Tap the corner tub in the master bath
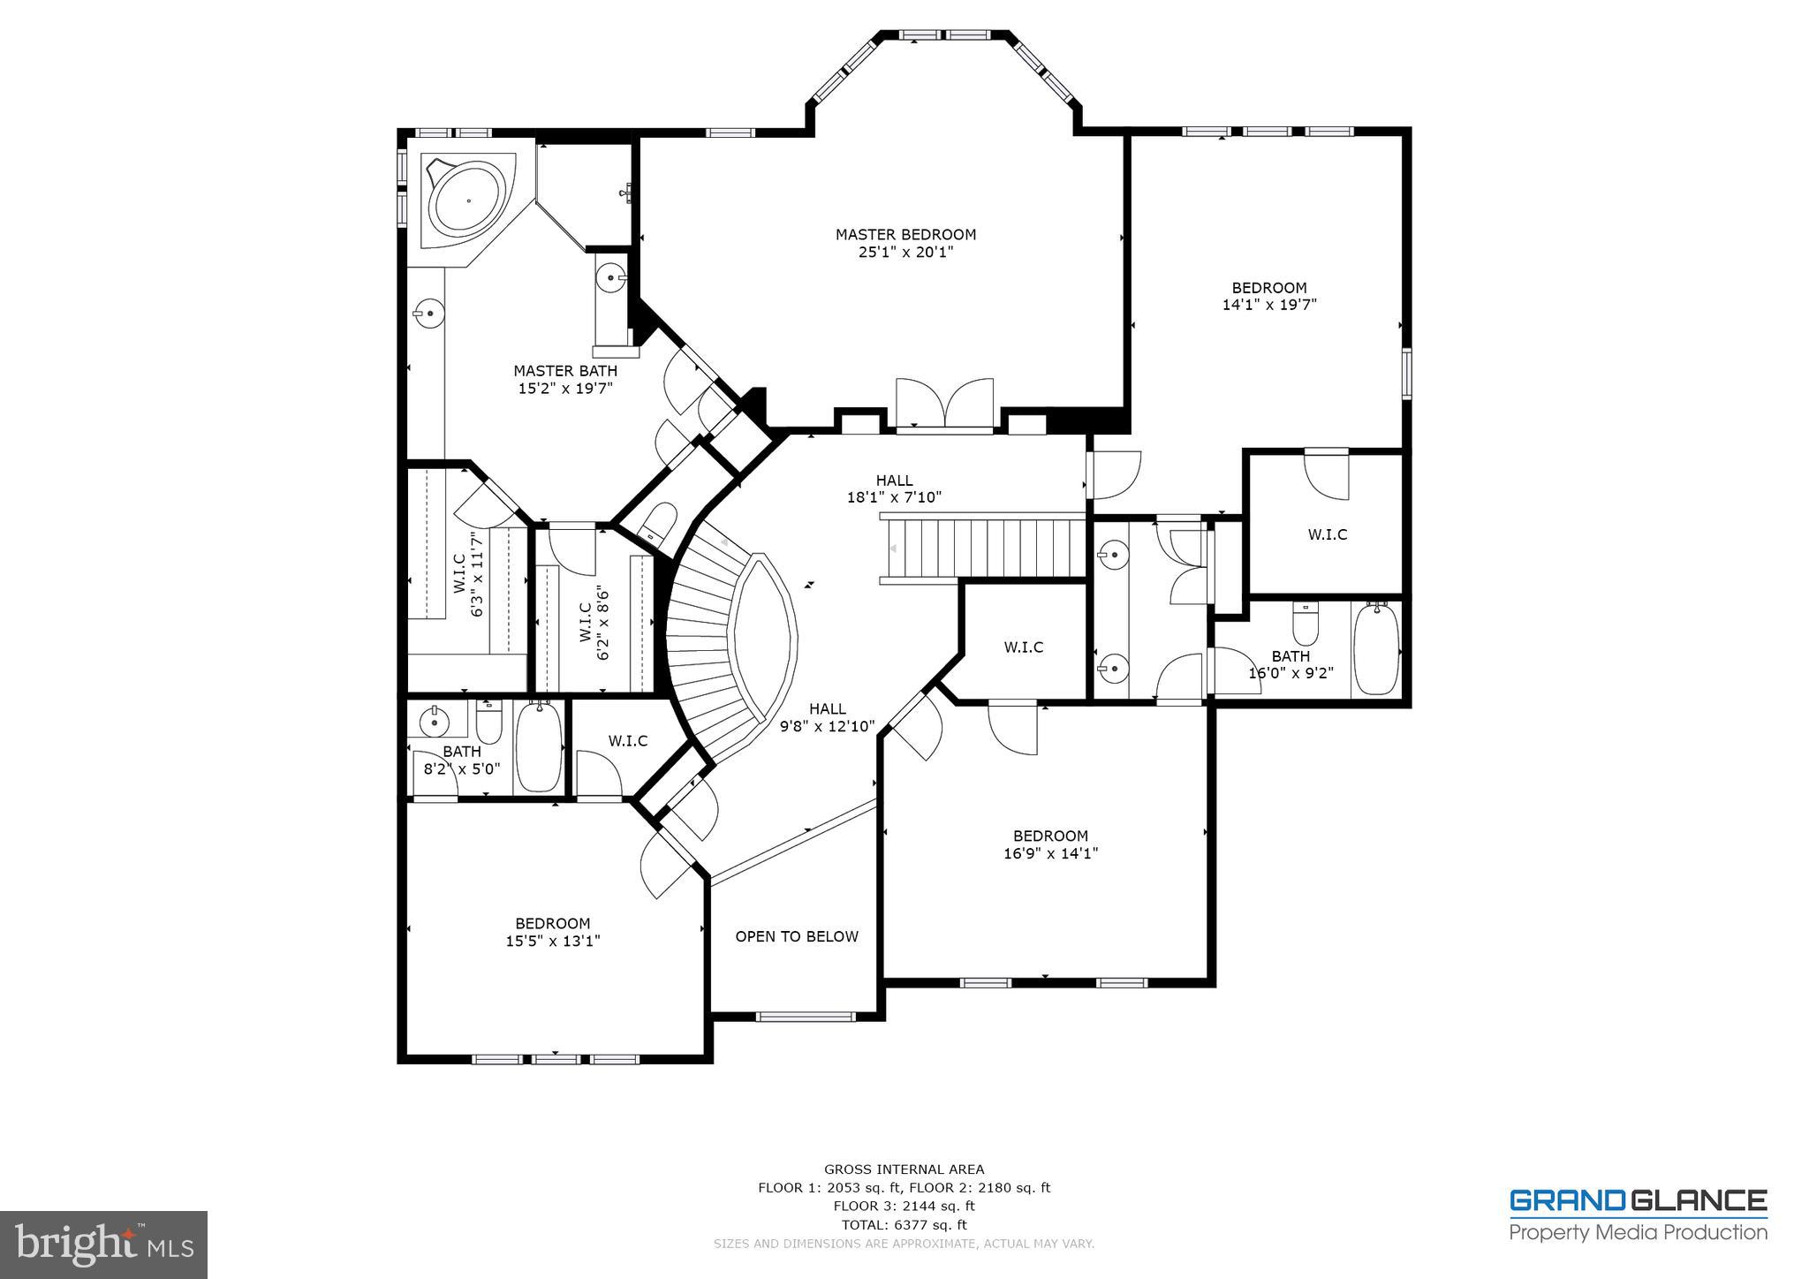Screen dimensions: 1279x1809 (467, 201)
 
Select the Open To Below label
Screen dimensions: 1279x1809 (797, 936)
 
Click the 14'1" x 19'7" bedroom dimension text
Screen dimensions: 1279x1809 (1269, 305)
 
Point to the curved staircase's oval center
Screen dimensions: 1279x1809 (764, 635)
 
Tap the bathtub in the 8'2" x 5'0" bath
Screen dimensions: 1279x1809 (538, 746)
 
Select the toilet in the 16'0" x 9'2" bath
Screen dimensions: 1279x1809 (1305, 624)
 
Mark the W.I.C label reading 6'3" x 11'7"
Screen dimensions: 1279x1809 (467, 573)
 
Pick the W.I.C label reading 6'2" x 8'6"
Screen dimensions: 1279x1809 (594, 623)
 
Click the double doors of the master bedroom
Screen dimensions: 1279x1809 (944, 405)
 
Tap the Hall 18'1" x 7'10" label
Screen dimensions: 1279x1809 (894, 488)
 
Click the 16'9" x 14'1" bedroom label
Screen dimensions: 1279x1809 (1050, 844)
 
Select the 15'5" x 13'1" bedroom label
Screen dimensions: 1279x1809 (553, 933)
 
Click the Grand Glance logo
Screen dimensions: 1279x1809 (1638, 1215)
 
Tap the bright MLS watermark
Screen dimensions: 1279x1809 (103, 1245)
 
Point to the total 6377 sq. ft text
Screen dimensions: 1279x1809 (904, 1224)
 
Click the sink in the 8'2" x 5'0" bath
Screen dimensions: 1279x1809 (435, 721)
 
